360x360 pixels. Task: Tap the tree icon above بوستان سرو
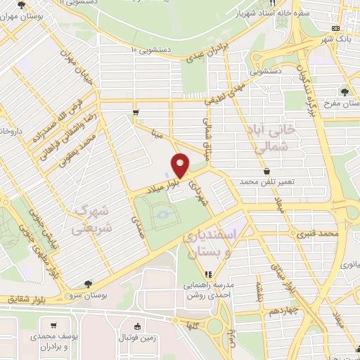[87, 284]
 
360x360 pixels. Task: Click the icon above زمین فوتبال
[139, 326]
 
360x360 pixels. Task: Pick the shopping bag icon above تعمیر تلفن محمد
[266, 171]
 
